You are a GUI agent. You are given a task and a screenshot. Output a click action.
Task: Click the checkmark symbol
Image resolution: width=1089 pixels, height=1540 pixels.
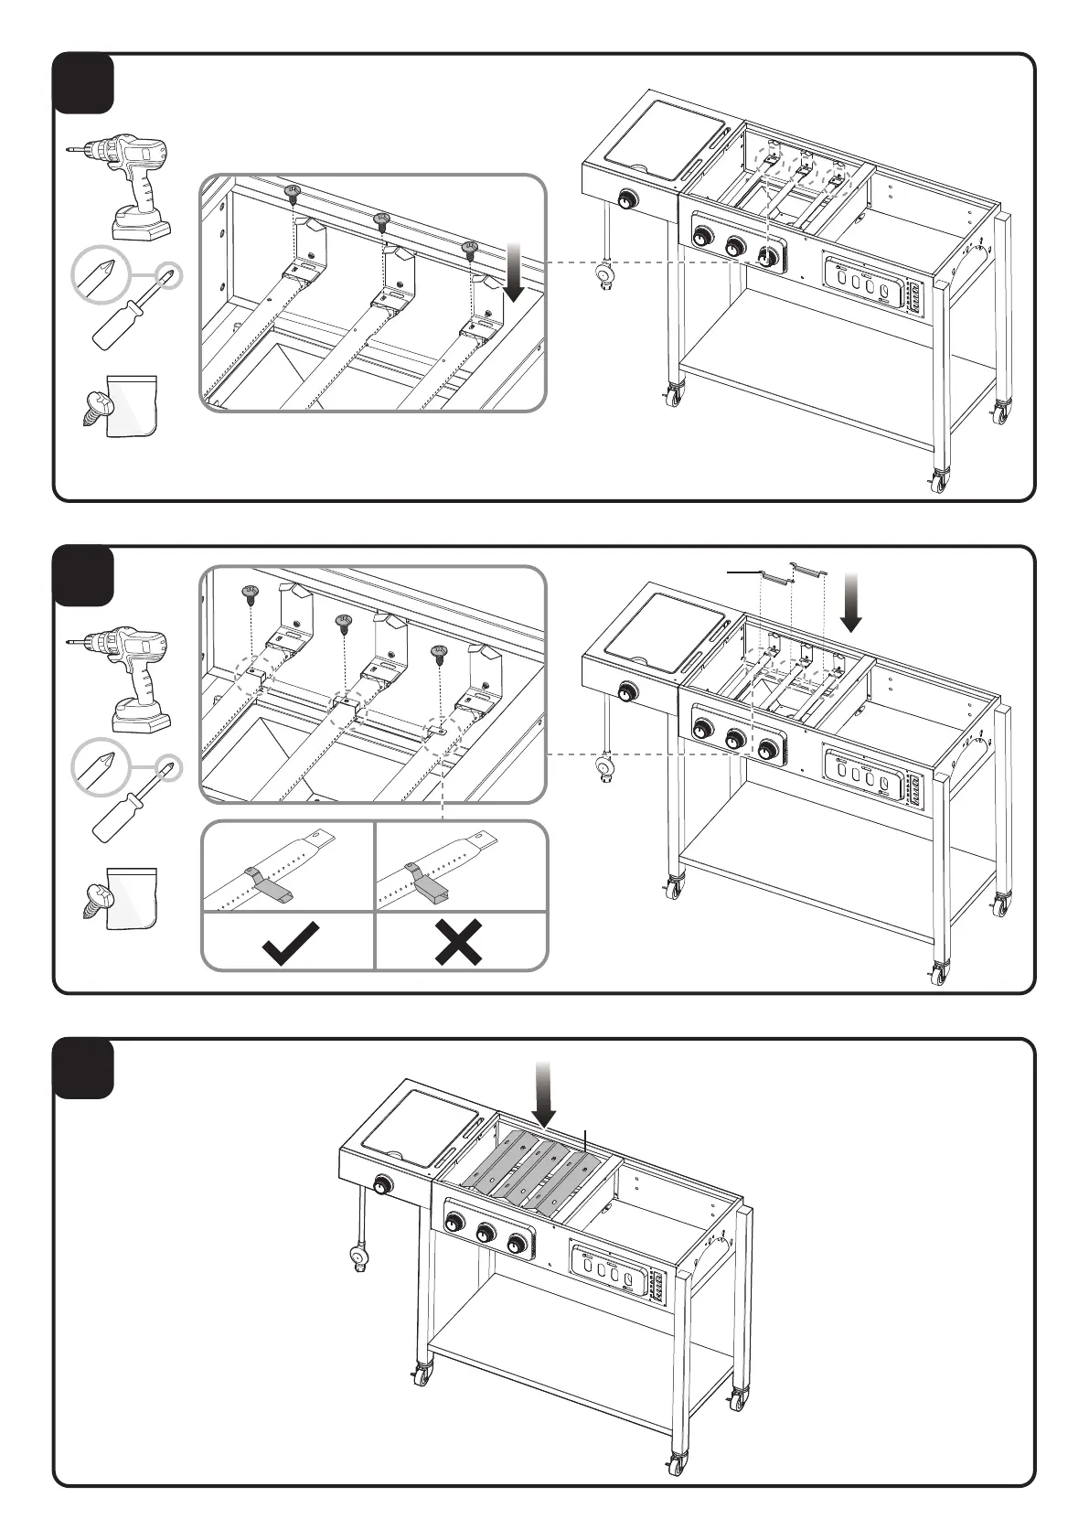pos(290,943)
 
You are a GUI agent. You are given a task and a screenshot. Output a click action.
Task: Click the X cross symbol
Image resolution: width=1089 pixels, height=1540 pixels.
pos(459,943)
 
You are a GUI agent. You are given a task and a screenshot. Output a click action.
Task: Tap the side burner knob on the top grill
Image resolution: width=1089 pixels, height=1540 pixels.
pos(629,200)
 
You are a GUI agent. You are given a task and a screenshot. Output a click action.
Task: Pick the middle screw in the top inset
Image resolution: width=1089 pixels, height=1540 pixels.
pos(382,220)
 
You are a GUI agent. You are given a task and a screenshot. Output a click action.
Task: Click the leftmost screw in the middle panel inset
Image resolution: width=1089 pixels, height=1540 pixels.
pos(250,594)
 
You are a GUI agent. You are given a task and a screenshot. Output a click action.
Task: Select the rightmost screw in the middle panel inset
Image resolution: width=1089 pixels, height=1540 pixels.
pos(440,655)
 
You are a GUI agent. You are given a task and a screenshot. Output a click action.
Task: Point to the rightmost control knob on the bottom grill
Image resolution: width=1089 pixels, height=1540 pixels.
pos(518,1245)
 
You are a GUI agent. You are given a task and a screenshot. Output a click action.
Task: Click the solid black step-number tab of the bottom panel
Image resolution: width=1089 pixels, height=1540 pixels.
pos(83,1067)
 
